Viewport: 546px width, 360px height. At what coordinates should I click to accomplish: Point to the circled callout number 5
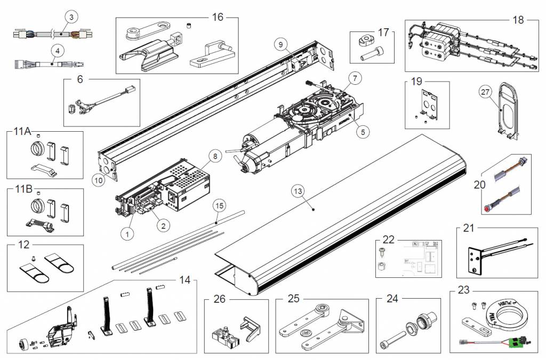[363, 131]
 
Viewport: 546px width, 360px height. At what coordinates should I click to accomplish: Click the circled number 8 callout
[214, 157]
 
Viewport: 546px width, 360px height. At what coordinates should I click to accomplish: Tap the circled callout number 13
[298, 190]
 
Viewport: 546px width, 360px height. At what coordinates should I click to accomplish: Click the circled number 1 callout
[127, 233]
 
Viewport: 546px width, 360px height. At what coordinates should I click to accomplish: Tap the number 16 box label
[218, 17]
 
